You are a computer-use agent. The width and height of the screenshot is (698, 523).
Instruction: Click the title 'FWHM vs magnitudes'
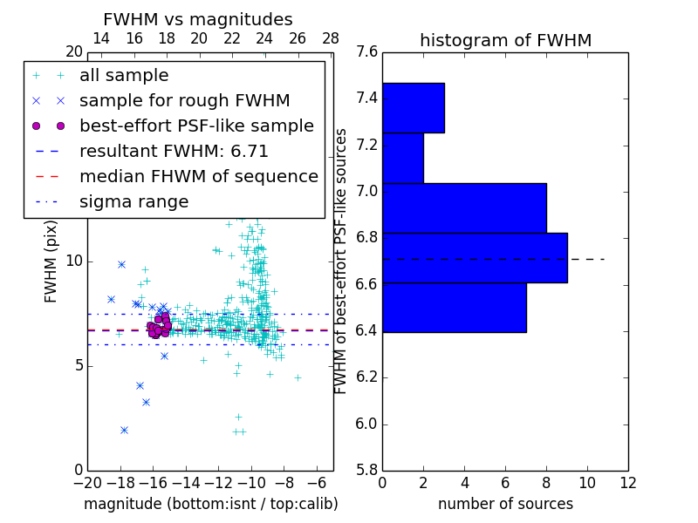coord(197,20)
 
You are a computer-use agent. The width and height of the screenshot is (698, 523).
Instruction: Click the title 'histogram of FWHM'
coord(505,41)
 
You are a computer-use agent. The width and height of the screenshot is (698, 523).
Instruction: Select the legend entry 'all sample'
coord(124,76)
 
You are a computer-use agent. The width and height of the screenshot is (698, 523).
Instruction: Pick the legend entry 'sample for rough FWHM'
coord(184,101)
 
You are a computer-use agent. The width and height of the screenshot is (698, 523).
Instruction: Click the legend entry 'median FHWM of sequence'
coord(198,177)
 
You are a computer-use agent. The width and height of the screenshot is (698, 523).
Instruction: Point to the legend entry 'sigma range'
coord(133,202)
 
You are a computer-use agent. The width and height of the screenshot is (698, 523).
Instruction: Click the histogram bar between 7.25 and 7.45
coord(413,108)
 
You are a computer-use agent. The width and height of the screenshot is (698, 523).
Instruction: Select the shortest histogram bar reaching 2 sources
coord(402,158)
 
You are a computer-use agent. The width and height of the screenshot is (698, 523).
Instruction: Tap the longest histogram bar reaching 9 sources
coord(474,258)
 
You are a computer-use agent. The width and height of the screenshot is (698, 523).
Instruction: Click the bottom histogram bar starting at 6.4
coord(454,308)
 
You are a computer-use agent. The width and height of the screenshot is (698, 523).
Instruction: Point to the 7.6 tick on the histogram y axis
coord(366,51)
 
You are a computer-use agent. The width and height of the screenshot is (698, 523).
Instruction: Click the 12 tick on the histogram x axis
coord(627,482)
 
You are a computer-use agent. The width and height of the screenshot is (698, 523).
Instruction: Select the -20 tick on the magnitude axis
coord(87,482)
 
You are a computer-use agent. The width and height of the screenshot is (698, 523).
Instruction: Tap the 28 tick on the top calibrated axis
coord(331,38)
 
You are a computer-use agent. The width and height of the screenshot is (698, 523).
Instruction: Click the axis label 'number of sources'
coord(505,504)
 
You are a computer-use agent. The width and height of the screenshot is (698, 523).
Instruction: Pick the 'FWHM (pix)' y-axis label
coord(51,261)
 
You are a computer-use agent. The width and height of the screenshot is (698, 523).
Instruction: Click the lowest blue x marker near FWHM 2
coord(124,430)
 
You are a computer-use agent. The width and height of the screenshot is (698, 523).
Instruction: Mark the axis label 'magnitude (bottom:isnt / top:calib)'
coord(210,504)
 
